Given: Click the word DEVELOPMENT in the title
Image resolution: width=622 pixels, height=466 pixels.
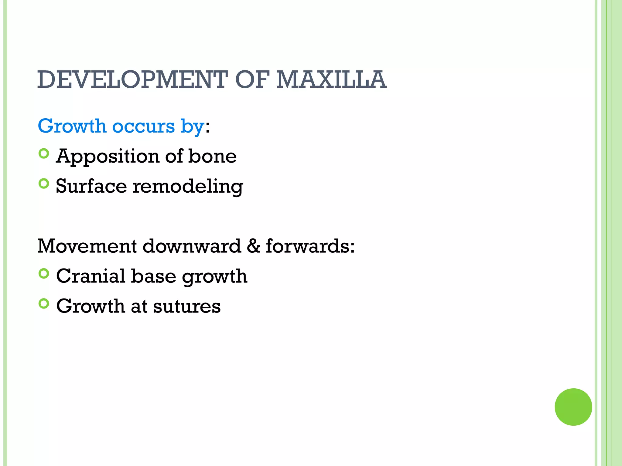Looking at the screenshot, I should click(132, 79).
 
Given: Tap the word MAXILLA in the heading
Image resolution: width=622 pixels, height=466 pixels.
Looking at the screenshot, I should click(331, 79).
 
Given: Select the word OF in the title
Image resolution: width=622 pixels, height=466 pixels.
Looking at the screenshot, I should click(252, 79).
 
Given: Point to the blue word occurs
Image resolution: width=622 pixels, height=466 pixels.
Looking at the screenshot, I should click(144, 127).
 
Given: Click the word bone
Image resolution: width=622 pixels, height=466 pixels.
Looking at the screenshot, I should click(212, 156).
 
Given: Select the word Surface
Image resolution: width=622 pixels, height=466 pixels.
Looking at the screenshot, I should click(91, 186).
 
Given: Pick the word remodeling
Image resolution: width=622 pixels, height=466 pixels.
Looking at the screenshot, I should click(188, 186).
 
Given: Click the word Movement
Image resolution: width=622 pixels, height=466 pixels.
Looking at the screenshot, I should click(87, 246).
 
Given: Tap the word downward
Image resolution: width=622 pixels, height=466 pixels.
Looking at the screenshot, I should click(192, 246).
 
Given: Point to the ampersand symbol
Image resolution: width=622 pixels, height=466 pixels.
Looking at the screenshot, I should click(253, 246).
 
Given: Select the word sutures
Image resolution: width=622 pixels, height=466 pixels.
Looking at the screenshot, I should click(187, 306).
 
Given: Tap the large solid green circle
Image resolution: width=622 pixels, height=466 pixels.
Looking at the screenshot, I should click(573, 407).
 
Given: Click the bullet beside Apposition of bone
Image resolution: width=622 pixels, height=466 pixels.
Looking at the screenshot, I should click(44, 154).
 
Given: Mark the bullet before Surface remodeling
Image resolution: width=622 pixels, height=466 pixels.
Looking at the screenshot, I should click(44, 184).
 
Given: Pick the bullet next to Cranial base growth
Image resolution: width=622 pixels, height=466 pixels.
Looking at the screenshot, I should click(44, 274).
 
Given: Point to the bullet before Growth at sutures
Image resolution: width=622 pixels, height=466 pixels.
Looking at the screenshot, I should click(44, 303).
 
